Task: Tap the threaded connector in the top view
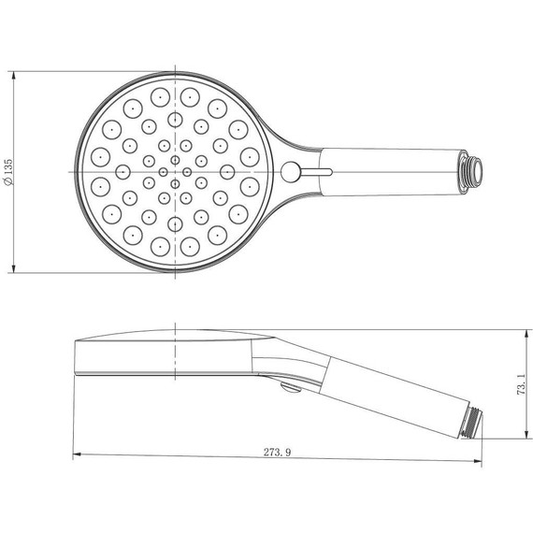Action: click(x=474, y=170)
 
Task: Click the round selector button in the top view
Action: click(x=292, y=171)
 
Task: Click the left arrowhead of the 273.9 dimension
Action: click(x=77, y=455)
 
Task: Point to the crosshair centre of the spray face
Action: click(x=175, y=171)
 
